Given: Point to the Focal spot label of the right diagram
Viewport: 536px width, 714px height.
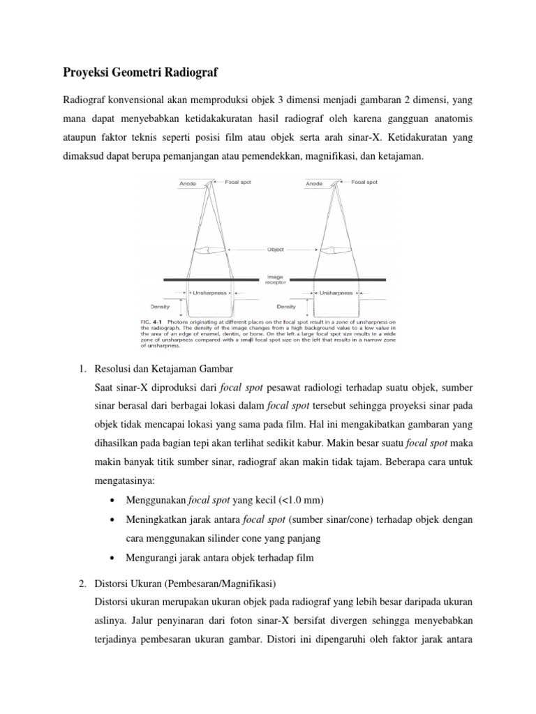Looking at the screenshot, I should point(364,182).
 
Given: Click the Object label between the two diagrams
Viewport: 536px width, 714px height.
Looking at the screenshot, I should point(275,249).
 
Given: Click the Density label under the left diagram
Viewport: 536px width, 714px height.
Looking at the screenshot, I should point(161,306).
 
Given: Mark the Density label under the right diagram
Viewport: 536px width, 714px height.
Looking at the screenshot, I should point(287,306).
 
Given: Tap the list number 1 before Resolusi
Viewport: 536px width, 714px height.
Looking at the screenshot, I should point(80,368).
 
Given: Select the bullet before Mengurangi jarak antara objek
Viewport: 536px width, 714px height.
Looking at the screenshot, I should point(113,558).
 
